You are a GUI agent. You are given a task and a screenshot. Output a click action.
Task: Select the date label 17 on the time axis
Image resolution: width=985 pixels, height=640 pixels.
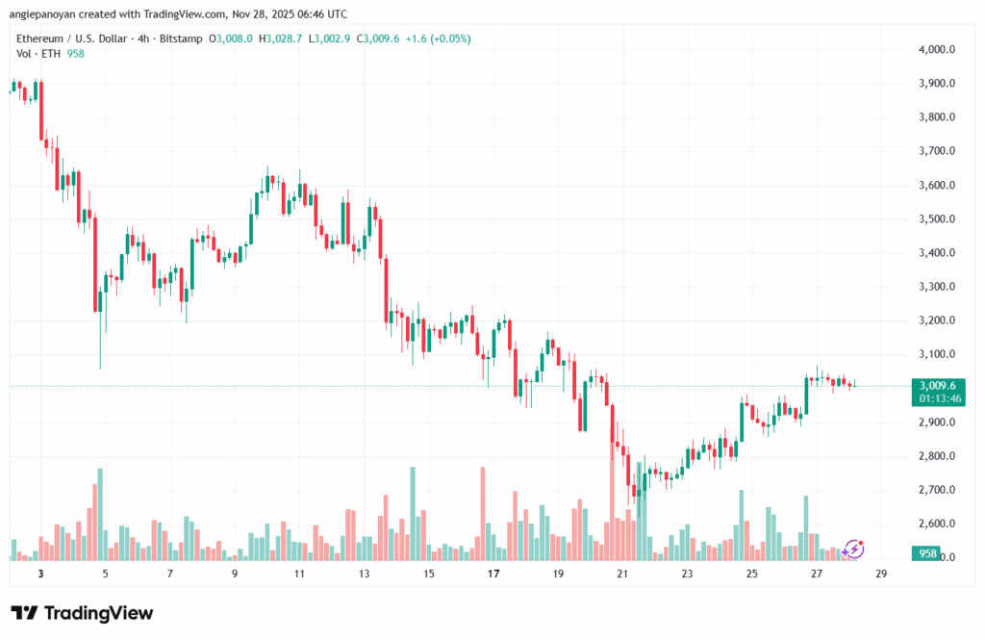coord(493,574)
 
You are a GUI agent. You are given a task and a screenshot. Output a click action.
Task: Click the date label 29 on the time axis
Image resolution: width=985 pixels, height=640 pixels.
coord(881,574)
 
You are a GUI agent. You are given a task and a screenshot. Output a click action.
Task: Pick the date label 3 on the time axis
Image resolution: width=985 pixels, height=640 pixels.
coord(40,574)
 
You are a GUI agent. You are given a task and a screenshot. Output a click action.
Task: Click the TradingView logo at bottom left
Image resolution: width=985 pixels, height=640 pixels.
coord(82,613)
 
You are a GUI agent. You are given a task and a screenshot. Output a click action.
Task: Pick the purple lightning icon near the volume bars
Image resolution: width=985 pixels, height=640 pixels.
coord(853,550)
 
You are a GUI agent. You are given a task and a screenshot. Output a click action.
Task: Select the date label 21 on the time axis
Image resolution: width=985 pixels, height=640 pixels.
coord(622,574)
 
